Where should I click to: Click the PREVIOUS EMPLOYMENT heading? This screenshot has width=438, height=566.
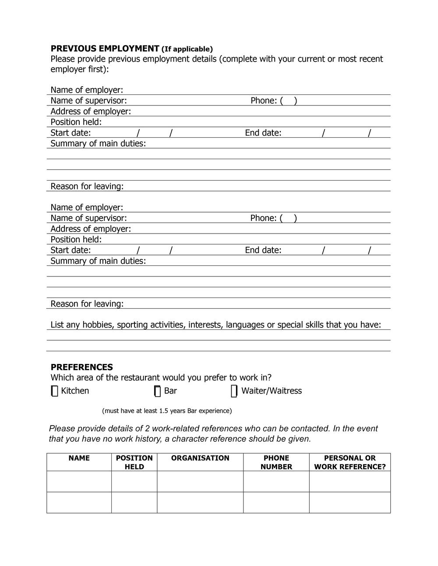coord(105,49)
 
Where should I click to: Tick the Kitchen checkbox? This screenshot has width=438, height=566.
coord(54,391)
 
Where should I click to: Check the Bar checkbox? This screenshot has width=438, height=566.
coord(158,391)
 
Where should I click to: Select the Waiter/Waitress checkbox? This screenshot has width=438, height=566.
coord(234,391)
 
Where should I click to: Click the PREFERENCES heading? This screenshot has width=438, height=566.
coord(82,367)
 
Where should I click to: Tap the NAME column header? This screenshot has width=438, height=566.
coord(79,458)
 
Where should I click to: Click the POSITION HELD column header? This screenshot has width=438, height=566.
coord(134,462)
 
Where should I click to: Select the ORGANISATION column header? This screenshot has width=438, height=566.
coord(200,458)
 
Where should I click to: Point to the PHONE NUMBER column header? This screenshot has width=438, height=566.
coord(276,462)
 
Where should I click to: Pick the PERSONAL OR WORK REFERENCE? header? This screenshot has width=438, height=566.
coord(350,462)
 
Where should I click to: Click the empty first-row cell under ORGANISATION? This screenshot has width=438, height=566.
coord(200,481)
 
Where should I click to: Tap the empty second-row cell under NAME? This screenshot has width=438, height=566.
coord(79,502)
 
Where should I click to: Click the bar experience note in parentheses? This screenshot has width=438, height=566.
coord(167,411)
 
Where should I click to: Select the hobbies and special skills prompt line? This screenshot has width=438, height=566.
coord(215,325)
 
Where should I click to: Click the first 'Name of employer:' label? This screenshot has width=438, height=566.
coord(87,90)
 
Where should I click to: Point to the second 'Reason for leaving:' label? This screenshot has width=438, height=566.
coord(87,304)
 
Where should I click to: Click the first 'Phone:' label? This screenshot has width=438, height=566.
coord(264,101)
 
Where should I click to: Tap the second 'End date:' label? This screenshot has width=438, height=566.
coord(263,250)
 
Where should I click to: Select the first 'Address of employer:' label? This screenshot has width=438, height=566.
coord(91,112)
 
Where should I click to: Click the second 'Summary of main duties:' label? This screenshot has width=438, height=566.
coord(98,261)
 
